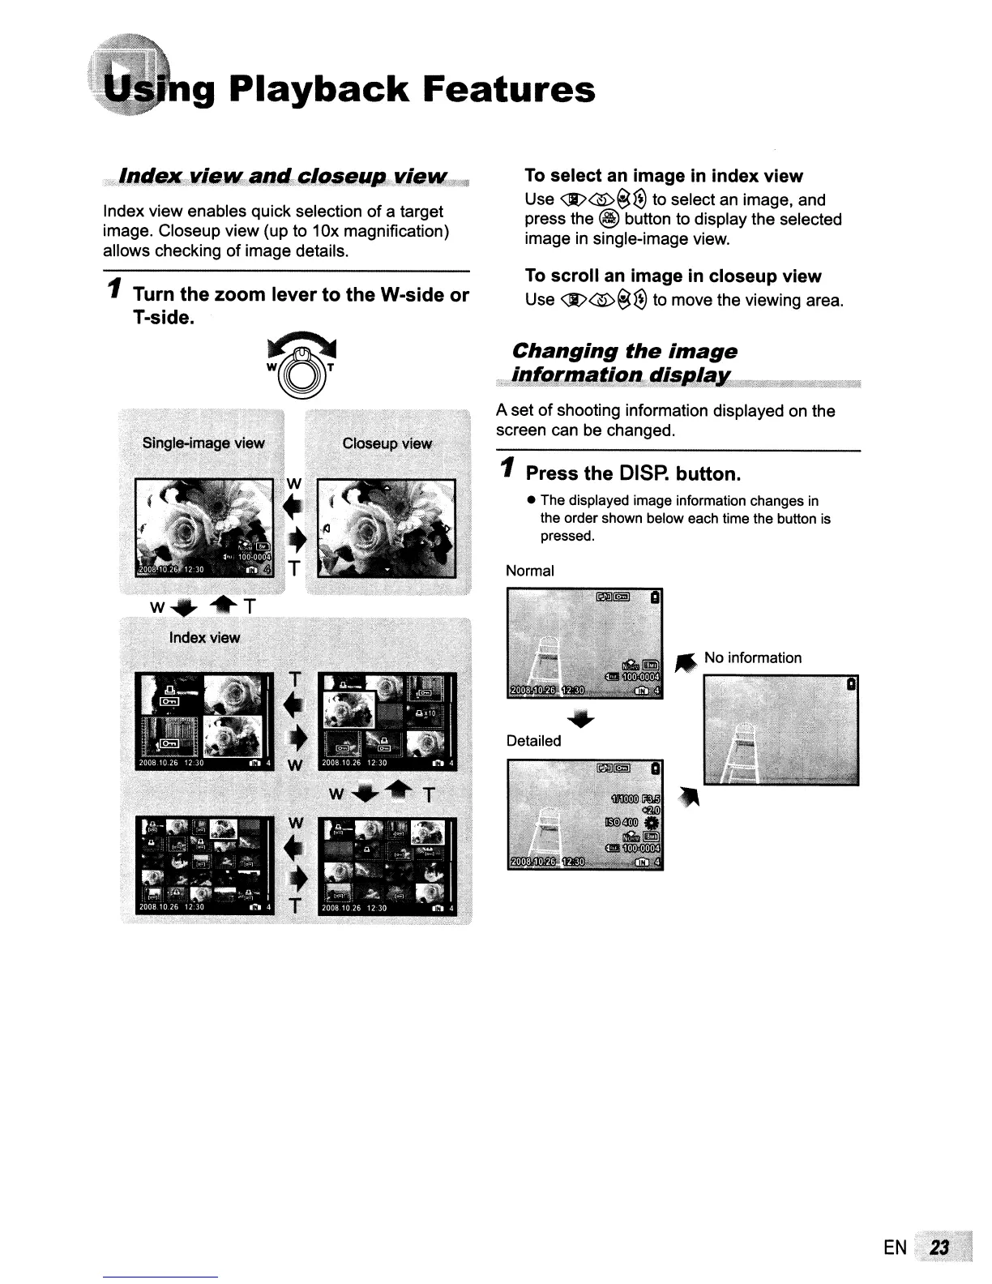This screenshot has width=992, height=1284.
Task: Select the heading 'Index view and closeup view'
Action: (283, 177)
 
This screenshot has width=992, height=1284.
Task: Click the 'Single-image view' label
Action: (203, 443)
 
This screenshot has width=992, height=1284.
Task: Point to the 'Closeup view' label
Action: (387, 443)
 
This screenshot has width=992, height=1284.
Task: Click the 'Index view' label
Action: (204, 638)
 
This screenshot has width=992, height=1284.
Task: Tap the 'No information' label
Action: (752, 657)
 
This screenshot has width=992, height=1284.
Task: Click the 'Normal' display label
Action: (530, 571)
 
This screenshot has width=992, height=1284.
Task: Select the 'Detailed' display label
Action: (533, 741)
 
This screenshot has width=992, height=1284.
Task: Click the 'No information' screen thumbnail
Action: (781, 730)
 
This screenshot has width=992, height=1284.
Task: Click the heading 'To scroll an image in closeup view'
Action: (673, 276)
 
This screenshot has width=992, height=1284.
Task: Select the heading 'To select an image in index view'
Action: (664, 177)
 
